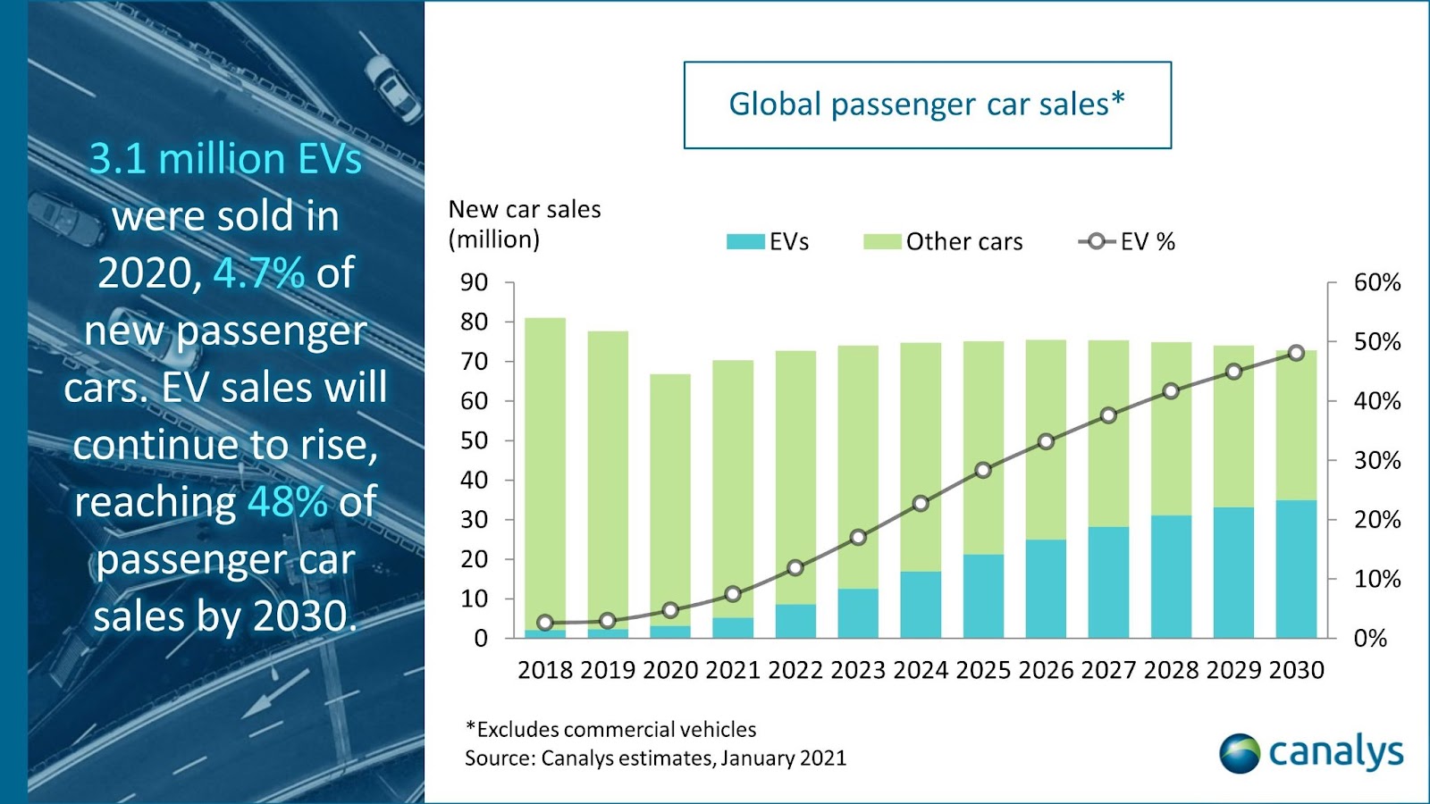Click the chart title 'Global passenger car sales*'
(927, 105)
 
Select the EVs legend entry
(768, 242)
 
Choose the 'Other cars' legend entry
(943, 242)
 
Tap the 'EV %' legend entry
(1127, 242)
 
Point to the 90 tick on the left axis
(474, 282)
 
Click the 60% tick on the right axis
(1376, 282)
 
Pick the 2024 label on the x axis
(921, 670)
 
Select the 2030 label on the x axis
(1296, 670)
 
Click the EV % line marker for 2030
(1296, 353)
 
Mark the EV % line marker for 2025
(983, 470)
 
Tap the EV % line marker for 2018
(545, 623)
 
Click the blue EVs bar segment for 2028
(1171, 576)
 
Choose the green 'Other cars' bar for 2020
(670, 500)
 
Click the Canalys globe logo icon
(1240, 753)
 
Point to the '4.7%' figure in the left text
(259, 272)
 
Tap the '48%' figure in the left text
(288, 502)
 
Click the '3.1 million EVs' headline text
(225, 159)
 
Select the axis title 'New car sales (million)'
(525, 224)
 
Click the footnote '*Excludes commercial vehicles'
(610, 730)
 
